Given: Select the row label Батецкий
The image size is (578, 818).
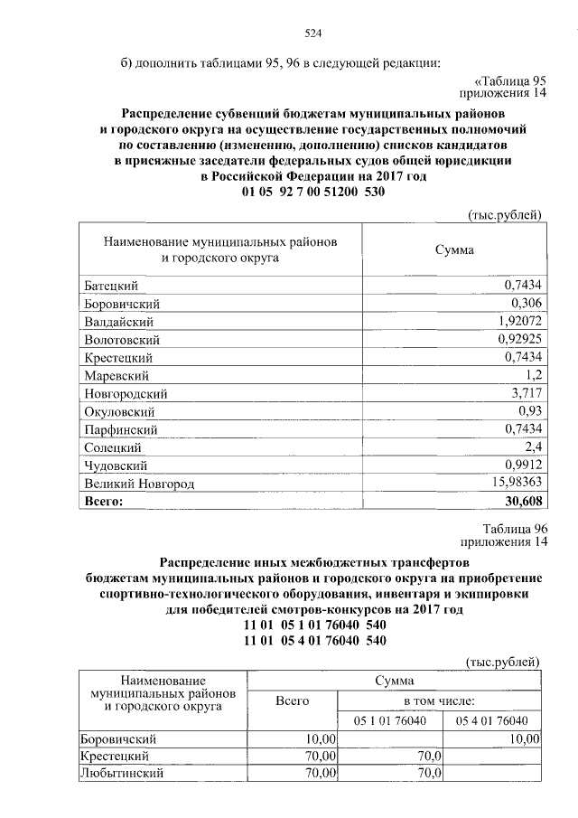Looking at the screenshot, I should (108, 286).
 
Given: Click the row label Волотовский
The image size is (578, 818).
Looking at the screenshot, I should (121, 340).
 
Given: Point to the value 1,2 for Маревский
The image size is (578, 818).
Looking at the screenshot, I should (532, 375).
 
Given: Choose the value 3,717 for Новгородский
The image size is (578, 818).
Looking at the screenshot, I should (524, 393).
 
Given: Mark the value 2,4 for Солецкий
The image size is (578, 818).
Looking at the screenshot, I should (532, 447).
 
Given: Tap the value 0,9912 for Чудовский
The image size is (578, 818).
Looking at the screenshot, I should (522, 465).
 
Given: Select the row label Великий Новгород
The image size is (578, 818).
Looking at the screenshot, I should (138, 484).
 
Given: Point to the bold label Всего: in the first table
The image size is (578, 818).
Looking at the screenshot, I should (102, 500).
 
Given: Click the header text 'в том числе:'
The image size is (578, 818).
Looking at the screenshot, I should (439, 700).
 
